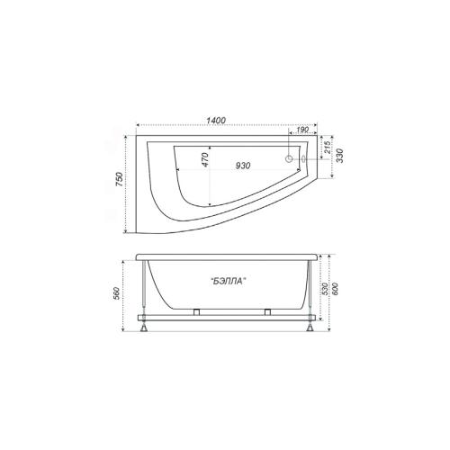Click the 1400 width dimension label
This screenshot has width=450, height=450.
216,120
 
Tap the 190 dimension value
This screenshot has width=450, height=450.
302,130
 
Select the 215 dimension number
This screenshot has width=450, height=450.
328,148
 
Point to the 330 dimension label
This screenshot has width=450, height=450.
340,156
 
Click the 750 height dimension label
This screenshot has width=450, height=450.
119,180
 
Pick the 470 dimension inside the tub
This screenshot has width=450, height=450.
204,160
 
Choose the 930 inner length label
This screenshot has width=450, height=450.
242,166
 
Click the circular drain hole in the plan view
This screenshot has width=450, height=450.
289,158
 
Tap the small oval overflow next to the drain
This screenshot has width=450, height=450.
303,159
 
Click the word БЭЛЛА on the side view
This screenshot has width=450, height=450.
229,281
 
